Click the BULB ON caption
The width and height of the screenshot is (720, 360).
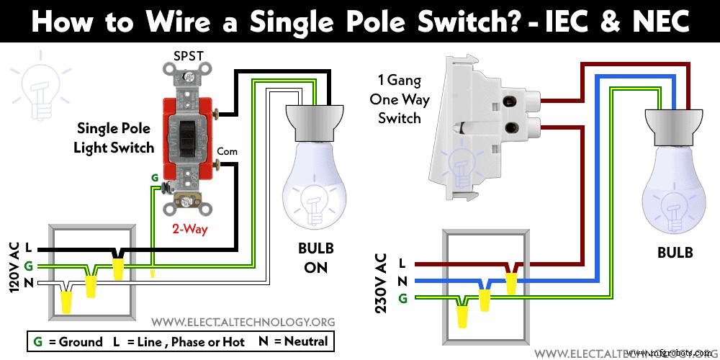(316, 258)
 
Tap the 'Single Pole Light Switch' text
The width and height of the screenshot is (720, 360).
(115, 138)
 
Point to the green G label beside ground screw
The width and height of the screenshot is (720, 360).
(154, 177)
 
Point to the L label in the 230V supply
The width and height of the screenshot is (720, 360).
(402, 264)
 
